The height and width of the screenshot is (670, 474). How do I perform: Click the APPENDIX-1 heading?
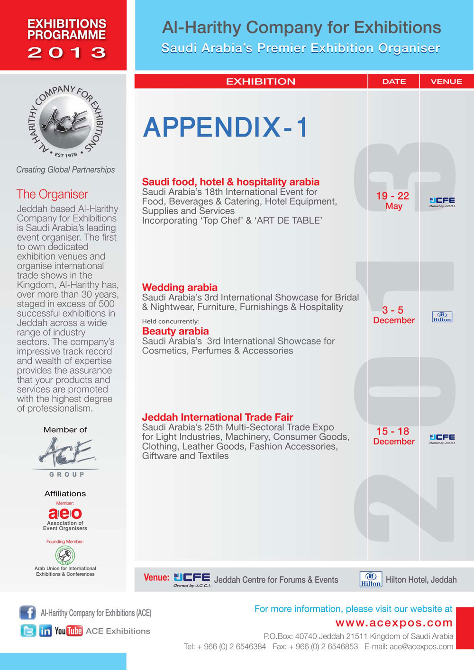pos(226,127)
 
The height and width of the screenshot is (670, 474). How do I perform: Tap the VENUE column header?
pos(446,81)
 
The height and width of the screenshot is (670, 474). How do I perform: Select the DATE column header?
pos(394,81)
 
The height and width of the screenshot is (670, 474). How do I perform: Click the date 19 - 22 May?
pos(393,201)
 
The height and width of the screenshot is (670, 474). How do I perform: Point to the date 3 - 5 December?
pos(393,315)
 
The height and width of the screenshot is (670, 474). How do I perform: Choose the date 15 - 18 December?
pos(393,436)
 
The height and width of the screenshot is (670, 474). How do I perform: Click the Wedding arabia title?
pos(180,288)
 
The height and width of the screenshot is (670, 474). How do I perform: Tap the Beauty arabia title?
pos(175,331)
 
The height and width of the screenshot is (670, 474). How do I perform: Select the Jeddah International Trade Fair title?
pos(218,417)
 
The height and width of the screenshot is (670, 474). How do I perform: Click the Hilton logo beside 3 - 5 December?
pos(442,317)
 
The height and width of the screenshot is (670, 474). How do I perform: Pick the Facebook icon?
pos(27,613)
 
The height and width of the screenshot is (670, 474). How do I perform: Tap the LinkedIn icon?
pos(46,631)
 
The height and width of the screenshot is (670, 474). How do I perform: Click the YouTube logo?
pos(69,631)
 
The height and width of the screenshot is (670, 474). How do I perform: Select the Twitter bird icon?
pos(28,631)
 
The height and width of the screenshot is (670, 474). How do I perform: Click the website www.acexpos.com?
pos(394,623)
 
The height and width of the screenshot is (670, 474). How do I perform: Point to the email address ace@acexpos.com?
pos(421,647)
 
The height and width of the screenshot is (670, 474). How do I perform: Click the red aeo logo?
pos(65,514)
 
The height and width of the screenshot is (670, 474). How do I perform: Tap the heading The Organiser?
pos(52,194)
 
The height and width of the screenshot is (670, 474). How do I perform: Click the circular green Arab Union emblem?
pos(65,555)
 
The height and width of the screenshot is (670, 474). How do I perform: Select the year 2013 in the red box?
pos(66,53)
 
